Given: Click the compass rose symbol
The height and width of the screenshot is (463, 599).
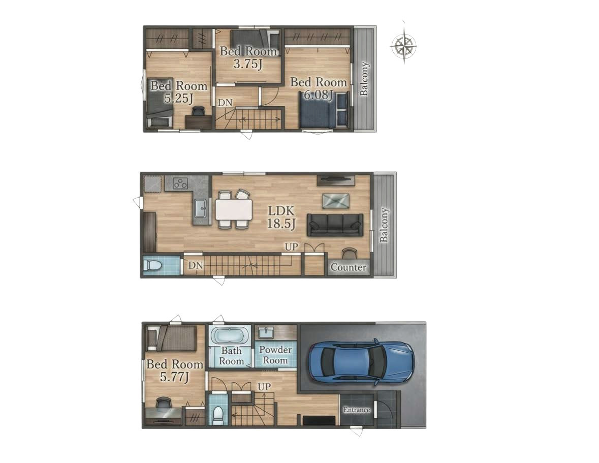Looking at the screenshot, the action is click(x=404, y=45).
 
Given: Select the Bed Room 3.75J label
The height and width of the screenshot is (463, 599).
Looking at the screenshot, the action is click(x=248, y=57).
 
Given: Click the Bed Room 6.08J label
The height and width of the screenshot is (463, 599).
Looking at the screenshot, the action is click(x=319, y=88).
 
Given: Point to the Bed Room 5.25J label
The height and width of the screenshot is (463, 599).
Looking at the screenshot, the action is click(x=179, y=92).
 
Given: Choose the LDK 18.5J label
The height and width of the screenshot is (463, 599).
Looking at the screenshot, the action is click(x=281, y=217).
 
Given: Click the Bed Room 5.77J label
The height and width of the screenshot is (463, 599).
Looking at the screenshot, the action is click(x=175, y=371).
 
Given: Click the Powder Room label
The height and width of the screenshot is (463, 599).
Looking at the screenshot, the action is click(x=275, y=355).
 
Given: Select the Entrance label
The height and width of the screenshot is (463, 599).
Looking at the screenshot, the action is click(x=357, y=410).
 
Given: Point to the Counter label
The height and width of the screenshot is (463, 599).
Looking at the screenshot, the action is click(x=349, y=267).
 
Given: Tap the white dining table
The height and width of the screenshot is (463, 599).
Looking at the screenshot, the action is click(x=234, y=210).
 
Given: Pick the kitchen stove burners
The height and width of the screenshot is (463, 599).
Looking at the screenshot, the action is click(x=180, y=184).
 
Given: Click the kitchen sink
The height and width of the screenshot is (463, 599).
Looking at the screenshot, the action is click(x=201, y=209).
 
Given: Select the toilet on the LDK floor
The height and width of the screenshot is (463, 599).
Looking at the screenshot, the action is click(x=152, y=265).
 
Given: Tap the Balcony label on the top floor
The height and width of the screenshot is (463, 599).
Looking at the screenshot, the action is click(x=364, y=79).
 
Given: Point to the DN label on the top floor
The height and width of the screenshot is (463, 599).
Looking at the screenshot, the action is click(x=225, y=102).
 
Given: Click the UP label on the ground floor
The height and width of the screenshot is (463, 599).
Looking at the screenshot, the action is click(x=264, y=387).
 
